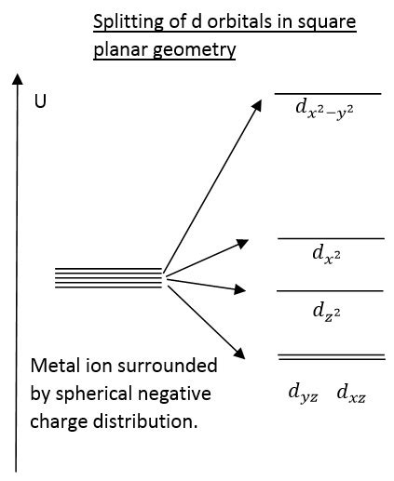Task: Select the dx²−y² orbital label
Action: coord(324,111)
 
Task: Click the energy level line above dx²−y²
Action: coord(328,94)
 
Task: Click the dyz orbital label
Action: coord(303,394)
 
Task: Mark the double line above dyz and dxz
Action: coord(331,356)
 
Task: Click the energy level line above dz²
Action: coord(331,291)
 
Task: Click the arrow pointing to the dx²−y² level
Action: coord(213,186)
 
